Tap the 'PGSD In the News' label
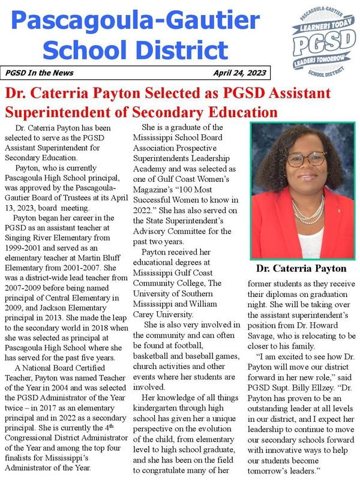40,73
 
